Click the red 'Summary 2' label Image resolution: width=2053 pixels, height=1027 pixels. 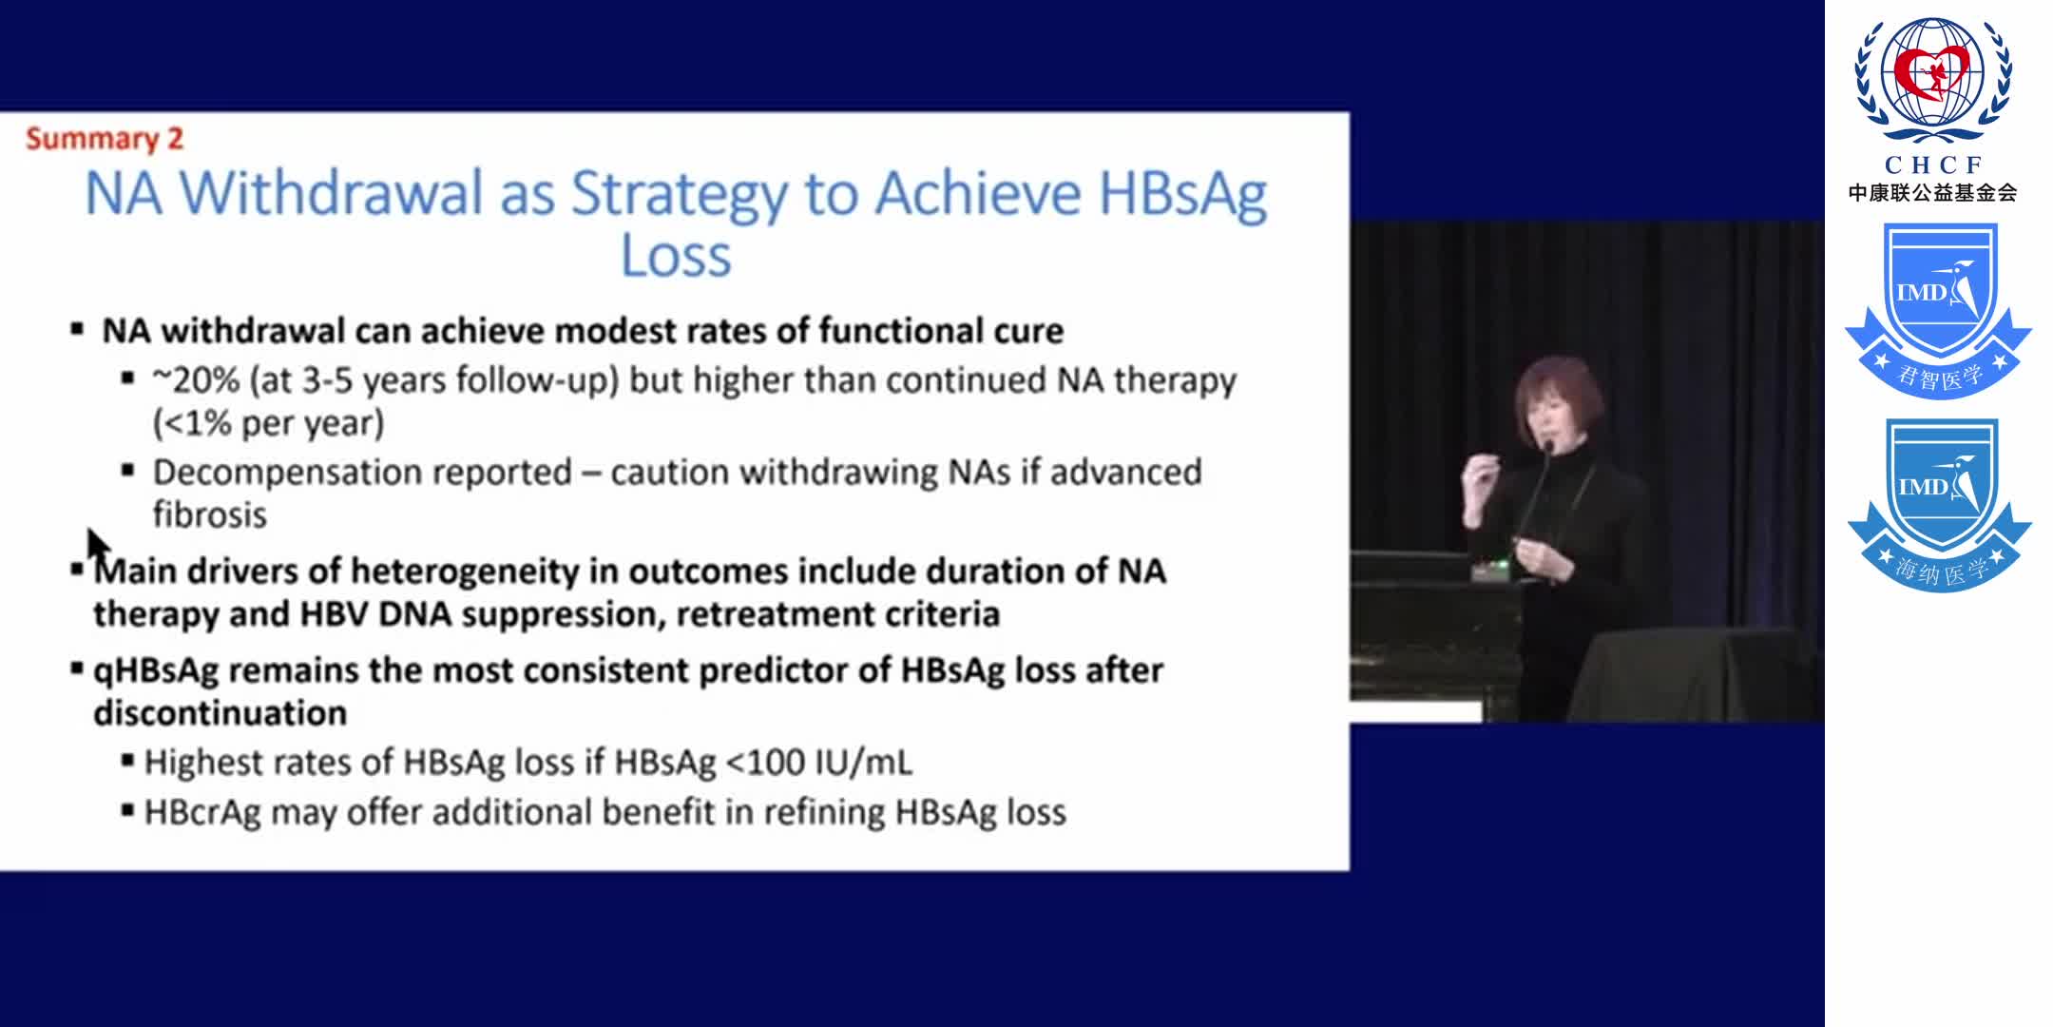click(105, 139)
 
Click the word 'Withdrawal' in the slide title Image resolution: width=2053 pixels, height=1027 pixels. click(332, 194)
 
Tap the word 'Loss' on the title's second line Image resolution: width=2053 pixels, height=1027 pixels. click(676, 256)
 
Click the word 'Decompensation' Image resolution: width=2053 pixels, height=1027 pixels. click(362, 473)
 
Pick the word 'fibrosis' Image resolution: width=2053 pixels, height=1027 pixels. click(210, 515)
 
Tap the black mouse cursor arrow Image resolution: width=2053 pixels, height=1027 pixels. click(97, 547)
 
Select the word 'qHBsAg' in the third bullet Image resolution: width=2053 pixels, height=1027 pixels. click(155, 671)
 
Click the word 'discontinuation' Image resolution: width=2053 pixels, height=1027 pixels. click(220, 713)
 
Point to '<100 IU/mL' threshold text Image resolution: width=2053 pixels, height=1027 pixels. click(818, 763)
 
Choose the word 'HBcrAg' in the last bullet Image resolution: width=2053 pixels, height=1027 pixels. click(201, 813)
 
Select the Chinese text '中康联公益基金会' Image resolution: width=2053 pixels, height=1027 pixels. click(1932, 193)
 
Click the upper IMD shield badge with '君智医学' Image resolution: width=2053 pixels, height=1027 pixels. click(1938, 309)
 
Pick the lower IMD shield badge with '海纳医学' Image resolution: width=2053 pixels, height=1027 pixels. click(1938, 505)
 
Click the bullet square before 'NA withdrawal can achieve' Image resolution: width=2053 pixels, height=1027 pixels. click(77, 330)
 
